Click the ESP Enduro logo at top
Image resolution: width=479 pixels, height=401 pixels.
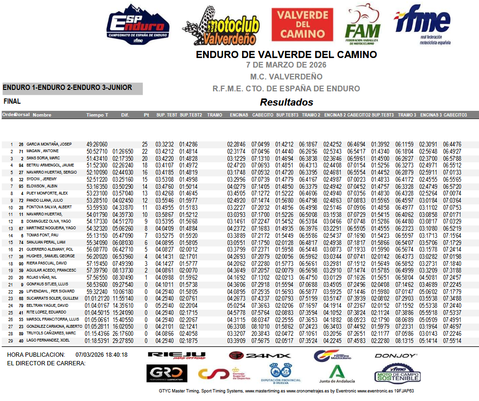pos(138,25)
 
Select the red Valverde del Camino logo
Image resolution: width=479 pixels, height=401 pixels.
pos(302,24)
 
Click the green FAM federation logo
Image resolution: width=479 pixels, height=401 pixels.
pos(363,25)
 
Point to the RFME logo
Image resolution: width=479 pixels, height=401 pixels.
pos(423,25)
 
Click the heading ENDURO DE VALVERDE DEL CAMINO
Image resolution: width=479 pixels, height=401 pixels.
pos(286,55)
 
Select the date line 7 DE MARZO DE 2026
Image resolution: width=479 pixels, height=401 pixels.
pos(286,65)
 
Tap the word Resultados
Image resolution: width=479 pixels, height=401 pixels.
pos(286,102)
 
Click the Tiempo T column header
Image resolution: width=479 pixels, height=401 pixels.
pos(97,115)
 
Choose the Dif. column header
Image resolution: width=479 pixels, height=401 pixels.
pos(125,115)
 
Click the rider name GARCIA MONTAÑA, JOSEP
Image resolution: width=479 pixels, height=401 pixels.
pos(49,144)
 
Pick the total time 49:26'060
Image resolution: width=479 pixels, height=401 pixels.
pos(97,144)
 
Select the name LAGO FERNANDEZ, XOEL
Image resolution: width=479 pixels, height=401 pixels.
pos(48,340)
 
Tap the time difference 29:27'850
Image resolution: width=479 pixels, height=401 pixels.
pos(123,340)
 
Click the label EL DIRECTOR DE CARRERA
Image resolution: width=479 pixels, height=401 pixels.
pos(46,363)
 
